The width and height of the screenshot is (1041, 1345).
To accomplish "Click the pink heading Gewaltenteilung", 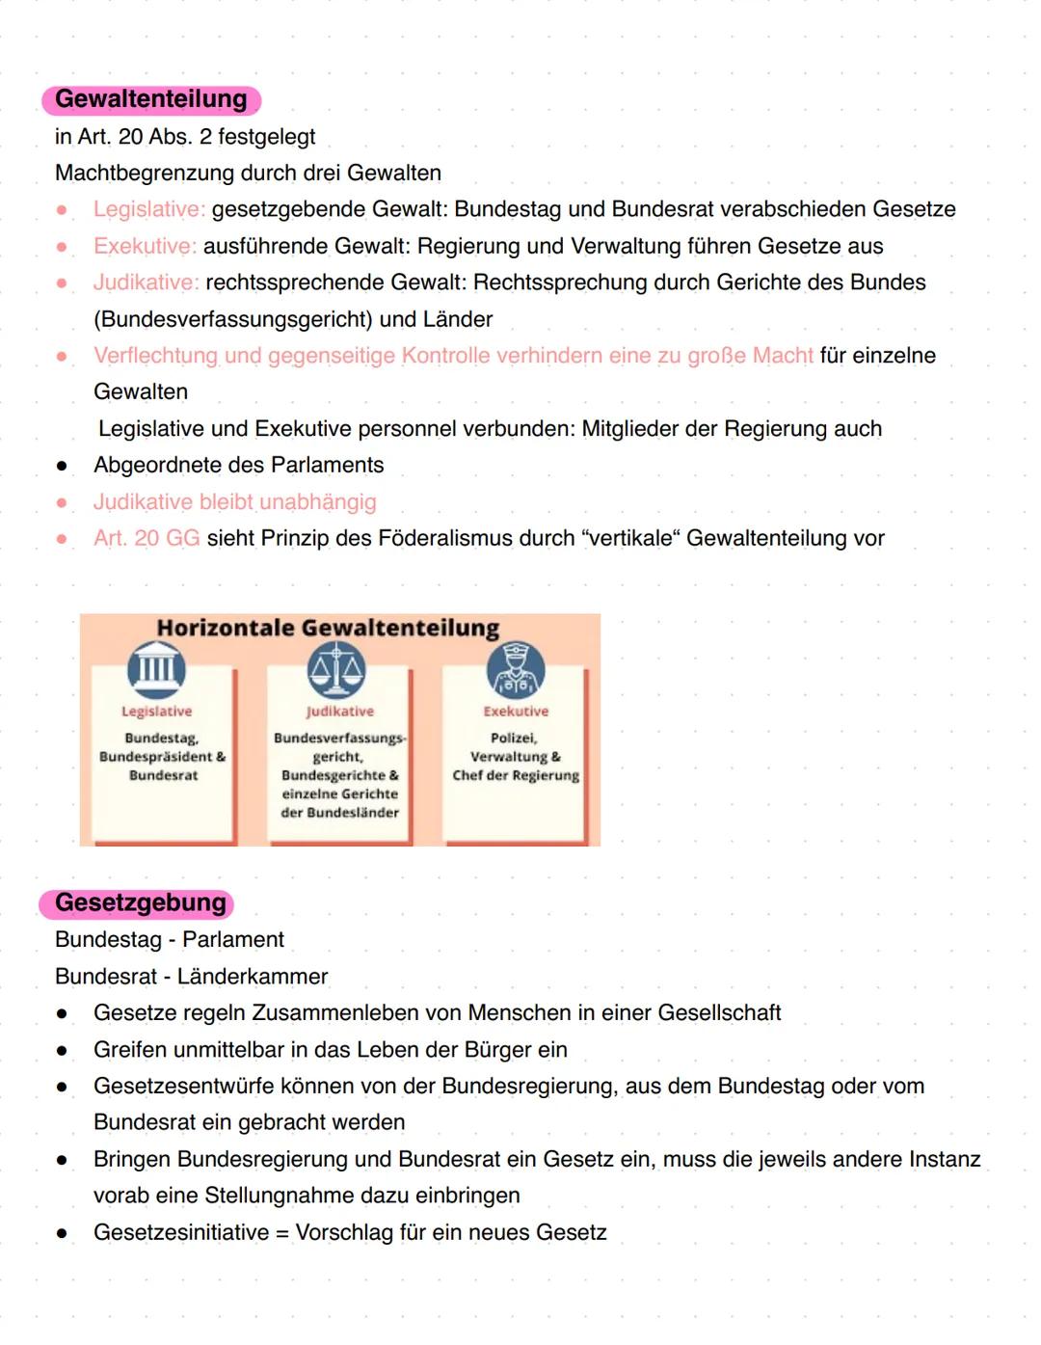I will pos(151,99).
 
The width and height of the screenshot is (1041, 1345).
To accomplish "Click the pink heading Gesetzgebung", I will pos(140,903).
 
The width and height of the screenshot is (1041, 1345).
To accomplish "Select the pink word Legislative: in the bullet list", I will pos(148,209).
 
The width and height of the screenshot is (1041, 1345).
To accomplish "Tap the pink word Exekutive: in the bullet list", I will pos(145,246).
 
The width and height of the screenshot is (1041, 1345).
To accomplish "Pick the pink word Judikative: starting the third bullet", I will pos(146,282).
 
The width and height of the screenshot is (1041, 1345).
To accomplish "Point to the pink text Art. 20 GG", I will pos(147,538).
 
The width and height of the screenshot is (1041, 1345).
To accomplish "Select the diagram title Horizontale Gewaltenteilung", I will pos(328,628).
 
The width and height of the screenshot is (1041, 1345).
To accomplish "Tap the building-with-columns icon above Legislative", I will pos(156,669).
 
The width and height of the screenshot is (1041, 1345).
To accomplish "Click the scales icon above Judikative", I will pos(336,669).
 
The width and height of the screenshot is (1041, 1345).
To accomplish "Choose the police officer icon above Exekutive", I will pos(516,669).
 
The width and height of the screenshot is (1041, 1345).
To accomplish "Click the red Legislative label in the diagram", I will pos(156,712).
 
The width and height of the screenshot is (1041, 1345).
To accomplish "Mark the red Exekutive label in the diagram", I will pos(516,712).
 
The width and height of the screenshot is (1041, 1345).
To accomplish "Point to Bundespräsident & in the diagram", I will pos(162,757).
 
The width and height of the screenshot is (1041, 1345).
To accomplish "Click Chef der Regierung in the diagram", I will pos(516,775).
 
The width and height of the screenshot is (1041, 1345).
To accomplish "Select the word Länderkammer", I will pos(253,977).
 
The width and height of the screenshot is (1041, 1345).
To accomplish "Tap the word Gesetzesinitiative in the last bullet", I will pos(181,1232).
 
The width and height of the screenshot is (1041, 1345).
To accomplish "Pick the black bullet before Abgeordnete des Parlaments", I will pos(62,466).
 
